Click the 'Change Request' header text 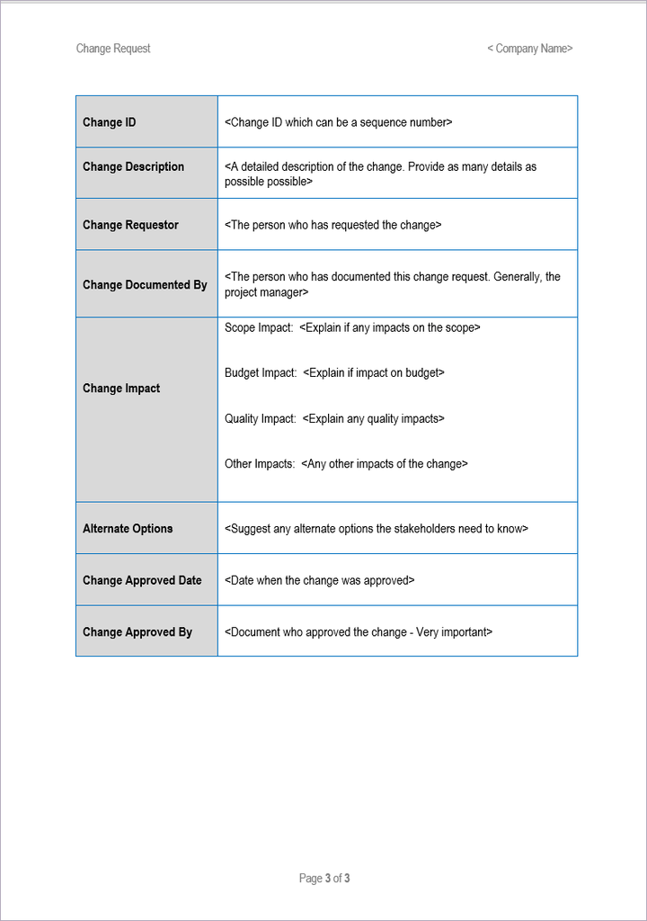[113, 49]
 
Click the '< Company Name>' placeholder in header [529, 49]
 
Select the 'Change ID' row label [110, 122]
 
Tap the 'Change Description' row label [133, 166]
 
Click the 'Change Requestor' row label [130, 225]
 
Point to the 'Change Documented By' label [145, 284]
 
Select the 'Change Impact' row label [121, 389]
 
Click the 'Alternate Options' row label [128, 529]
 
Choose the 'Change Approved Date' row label [142, 580]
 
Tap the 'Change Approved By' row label [137, 632]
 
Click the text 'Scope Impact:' [259, 327]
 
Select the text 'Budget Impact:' [261, 372]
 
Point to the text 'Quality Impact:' [261, 418]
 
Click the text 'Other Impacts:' [260, 464]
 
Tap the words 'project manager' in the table [264, 292]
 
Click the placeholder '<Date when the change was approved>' [320, 580]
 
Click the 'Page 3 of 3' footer [324, 878]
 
